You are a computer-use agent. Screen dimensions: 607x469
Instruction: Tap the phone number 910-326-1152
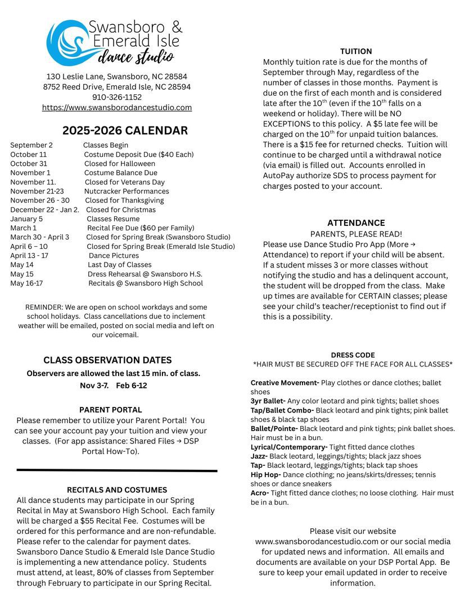(117, 97)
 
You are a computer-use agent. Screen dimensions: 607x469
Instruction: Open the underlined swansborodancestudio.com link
(117, 107)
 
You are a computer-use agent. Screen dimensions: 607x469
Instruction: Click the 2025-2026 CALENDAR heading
(125, 131)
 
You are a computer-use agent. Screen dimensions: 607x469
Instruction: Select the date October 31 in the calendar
(29, 164)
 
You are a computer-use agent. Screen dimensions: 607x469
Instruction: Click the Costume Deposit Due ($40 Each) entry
(139, 155)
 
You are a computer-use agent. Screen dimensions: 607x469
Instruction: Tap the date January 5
(26, 219)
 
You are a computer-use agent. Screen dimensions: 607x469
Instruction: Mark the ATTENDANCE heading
(356, 223)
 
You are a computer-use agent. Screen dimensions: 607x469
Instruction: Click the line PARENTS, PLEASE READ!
(356, 234)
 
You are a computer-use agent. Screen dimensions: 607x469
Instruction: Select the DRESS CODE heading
(353, 355)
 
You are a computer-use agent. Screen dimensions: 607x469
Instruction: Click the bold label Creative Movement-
(285, 383)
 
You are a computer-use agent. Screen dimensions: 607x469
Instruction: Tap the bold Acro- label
(259, 493)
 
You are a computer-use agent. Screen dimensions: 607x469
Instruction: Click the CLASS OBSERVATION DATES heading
(107, 360)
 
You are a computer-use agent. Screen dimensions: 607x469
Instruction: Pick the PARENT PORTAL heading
(110, 410)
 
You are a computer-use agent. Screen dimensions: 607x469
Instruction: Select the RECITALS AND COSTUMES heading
(117, 490)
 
